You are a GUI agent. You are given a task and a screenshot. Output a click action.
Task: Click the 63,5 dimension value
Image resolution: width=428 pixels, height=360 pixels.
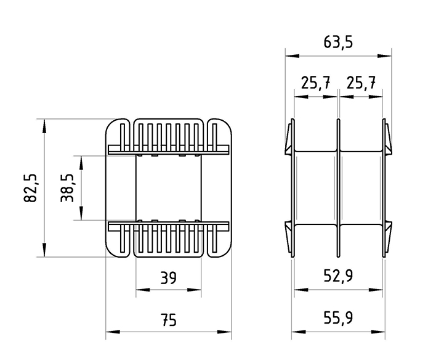(338, 43)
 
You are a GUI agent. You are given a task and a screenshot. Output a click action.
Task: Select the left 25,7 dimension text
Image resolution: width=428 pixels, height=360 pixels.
(315, 83)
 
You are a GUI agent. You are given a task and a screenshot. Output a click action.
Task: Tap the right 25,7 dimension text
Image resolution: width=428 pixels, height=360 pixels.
(361, 83)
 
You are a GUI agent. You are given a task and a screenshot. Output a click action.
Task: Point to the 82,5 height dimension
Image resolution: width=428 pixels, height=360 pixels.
(30, 188)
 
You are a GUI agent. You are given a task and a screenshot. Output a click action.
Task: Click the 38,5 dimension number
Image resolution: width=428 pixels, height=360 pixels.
(67, 188)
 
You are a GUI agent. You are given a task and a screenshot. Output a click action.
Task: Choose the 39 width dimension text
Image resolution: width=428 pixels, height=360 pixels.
(168, 278)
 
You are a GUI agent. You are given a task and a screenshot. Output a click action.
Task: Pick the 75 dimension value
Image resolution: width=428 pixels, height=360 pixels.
(168, 320)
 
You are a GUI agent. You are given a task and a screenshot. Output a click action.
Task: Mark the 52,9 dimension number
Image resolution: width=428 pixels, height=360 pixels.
(338, 276)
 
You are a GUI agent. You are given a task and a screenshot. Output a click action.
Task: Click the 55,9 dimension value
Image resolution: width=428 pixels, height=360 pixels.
(338, 317)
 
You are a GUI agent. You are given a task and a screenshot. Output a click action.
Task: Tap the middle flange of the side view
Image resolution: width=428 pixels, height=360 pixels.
(339, 188)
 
